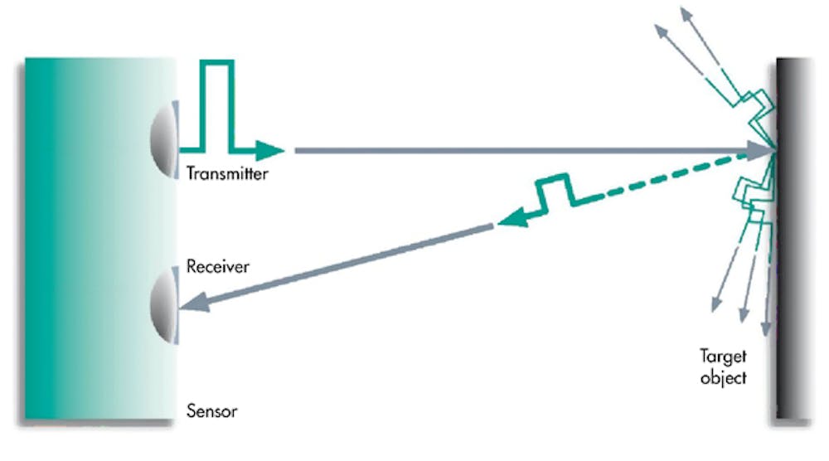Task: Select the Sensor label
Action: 212,410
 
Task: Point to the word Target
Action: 722,357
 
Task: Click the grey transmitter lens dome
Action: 164,138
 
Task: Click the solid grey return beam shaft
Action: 348,264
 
